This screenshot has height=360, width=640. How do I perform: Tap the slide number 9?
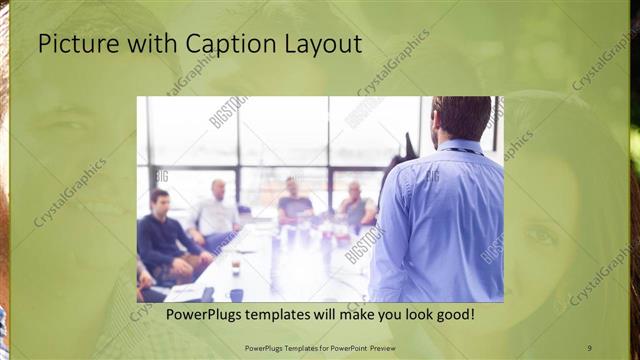click(x=590, y=347)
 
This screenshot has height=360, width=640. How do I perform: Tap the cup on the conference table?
click(x=236, y=267)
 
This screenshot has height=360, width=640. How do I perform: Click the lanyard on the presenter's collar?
click(x=460, y=150)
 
